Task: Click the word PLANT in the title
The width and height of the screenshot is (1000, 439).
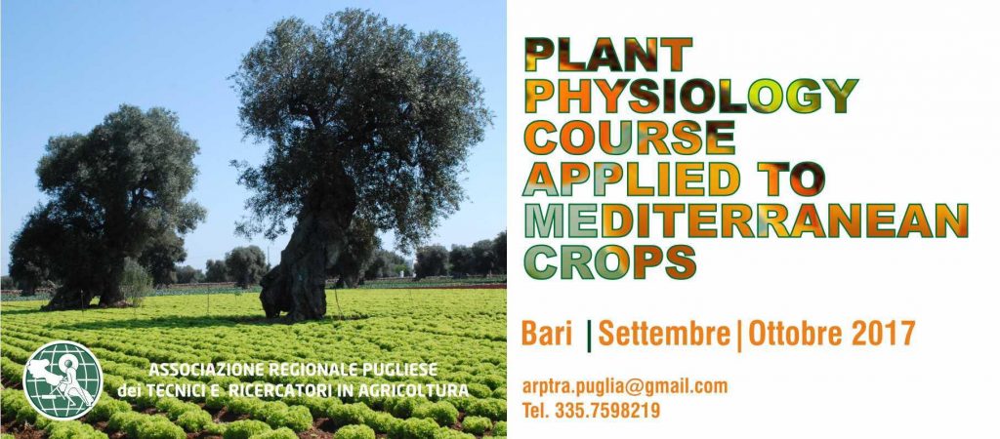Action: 607,55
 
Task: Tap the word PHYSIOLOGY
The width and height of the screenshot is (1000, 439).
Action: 690,96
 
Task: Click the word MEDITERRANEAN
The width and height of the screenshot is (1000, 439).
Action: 746,220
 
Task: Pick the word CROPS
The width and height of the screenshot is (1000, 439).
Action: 609,261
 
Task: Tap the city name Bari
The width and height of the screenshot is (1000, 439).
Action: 547,334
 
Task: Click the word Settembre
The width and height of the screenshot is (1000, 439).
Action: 663,334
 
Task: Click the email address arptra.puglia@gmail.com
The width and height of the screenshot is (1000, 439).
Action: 625,386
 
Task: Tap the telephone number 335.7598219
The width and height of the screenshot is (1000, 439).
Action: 607,411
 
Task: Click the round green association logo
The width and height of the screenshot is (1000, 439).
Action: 62,379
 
